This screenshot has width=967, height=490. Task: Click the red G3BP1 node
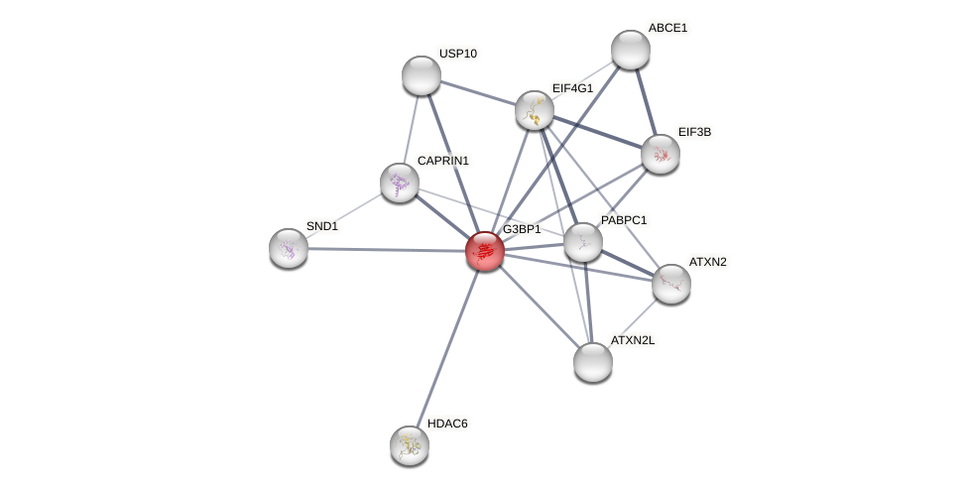pos(485,251)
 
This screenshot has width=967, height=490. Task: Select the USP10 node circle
pos(422,75)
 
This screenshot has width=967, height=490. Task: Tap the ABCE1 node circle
pos(631,50)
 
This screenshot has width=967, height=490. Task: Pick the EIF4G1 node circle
pos(535,110)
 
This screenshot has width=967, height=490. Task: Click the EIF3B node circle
pos(661,154)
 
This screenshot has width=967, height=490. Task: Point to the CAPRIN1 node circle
pos(400,183)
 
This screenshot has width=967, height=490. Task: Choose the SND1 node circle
pos(289,248)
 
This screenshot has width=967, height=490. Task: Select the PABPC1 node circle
pos(583,242)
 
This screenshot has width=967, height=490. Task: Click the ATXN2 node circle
pos(671,284)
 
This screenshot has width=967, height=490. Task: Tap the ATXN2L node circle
pos(593,362)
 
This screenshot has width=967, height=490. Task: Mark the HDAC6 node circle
pos(410,445)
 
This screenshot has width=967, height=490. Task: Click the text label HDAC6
pos(447,424)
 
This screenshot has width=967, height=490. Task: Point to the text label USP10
pos(458,54)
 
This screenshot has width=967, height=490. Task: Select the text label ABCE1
pos(667,28)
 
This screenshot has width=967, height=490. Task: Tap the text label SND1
pos(321,226)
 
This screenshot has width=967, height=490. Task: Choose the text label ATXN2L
pos(633,340)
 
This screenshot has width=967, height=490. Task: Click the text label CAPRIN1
pos(442,161)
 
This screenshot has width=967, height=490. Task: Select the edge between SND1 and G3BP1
pos(387,250)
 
